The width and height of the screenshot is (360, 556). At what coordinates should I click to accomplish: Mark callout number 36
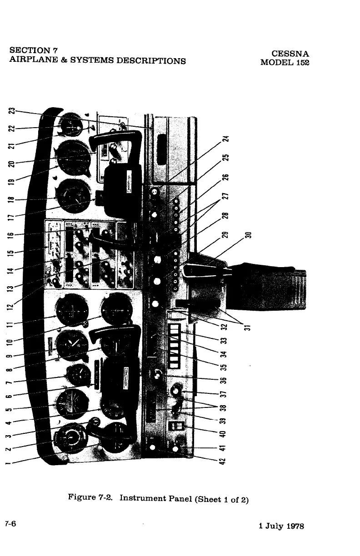point(230,380)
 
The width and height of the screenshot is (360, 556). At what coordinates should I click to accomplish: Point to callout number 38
point(230,407)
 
